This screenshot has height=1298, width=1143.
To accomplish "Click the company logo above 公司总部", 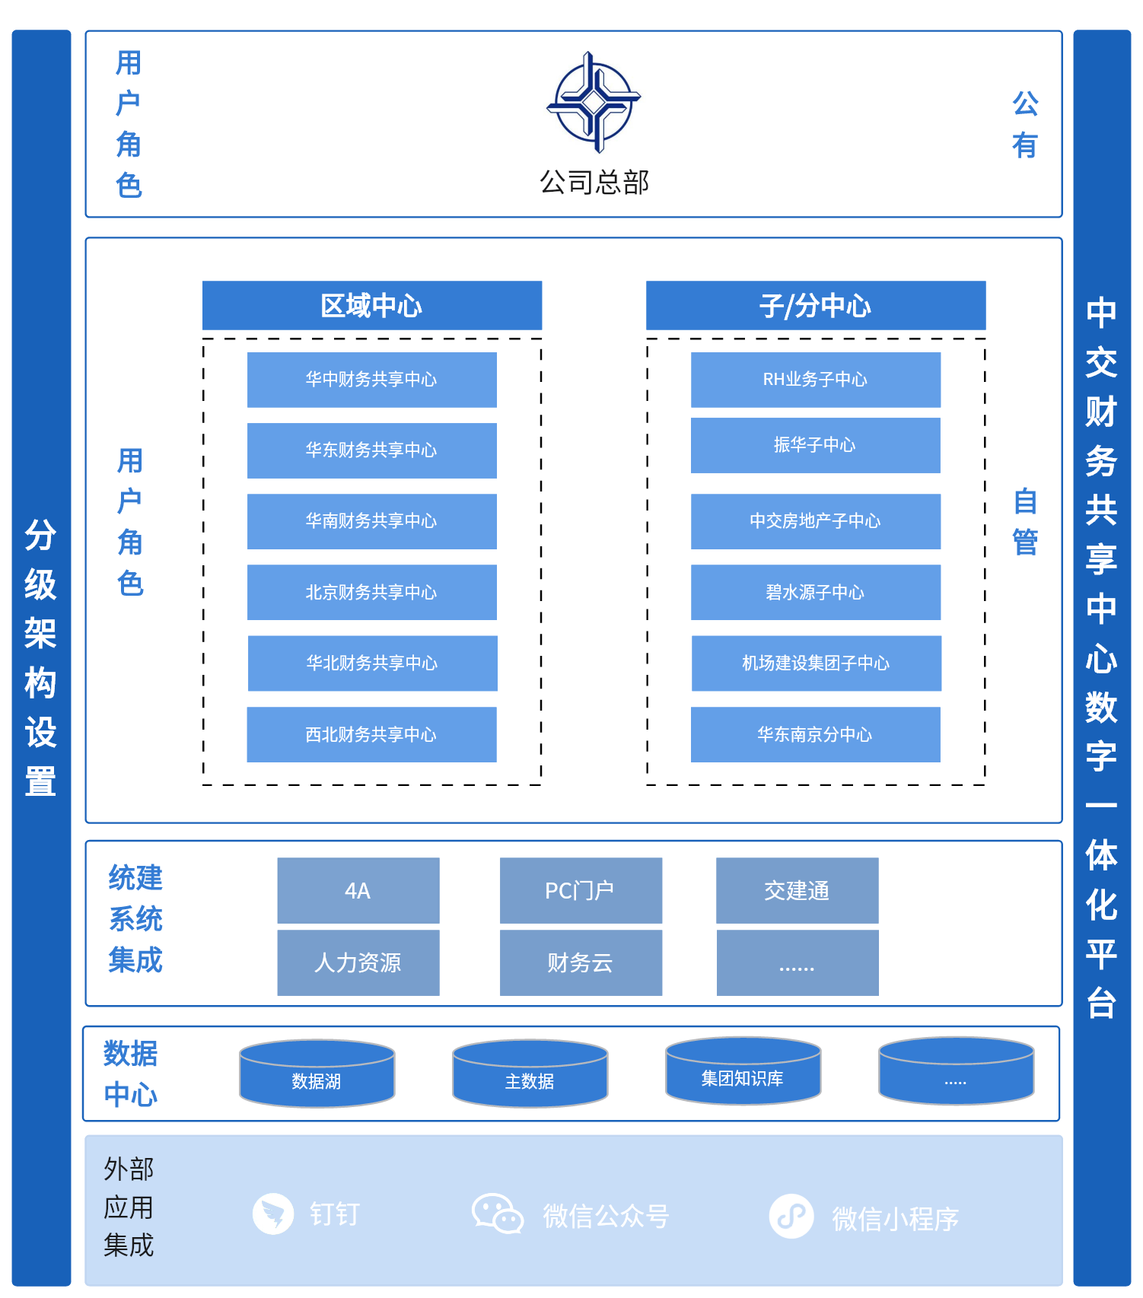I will point(594,102).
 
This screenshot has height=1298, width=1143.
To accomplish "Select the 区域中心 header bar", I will point(371,305).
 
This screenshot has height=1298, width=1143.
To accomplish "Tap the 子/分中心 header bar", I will point(815,305).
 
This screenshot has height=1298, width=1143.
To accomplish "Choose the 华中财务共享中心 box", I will point(371,379).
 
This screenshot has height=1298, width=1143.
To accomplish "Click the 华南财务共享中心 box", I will point(371,521).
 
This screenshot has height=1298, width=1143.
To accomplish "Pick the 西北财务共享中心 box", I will point(371,734).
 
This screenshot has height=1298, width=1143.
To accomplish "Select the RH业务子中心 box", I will point(815,379).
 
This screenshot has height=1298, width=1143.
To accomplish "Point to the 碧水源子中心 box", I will point(815,592).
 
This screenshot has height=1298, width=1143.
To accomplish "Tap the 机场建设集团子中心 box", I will point(816,663).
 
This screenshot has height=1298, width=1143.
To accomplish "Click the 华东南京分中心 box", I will point(815,734).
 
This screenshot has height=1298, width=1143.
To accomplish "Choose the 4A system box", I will point(358,890).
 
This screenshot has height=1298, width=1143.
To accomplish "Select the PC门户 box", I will point(580,890).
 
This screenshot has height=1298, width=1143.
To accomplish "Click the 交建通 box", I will point(797,890).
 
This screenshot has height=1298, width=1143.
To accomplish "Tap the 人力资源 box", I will point(358,962).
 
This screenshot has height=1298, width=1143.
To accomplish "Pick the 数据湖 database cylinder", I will point(317,1074).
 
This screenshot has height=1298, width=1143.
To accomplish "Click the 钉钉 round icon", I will point(273,1214).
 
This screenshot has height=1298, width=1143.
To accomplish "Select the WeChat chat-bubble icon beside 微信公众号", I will point(497,1214).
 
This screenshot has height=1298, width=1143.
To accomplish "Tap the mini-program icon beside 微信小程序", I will point(791,1216).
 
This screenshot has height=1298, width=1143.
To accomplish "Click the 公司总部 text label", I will point(594,183).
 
